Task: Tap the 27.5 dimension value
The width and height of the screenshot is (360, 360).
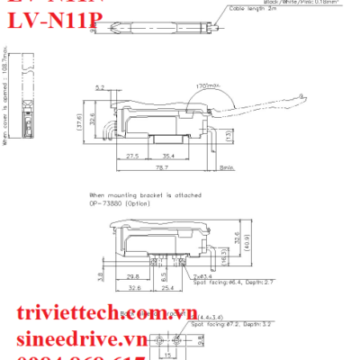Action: (133, 156)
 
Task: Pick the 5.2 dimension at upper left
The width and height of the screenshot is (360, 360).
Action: (102, 87)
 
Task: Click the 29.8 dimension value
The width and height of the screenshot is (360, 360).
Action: (132, 277)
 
